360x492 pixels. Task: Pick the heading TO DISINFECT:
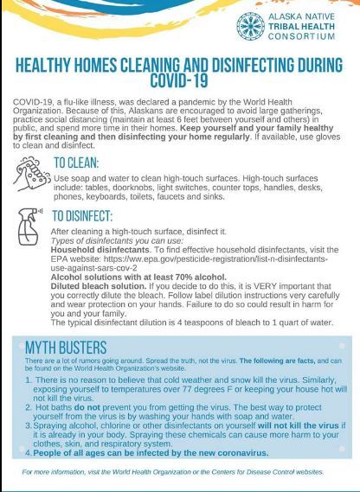tap(90, 217)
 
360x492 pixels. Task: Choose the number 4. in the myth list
tap(29, 452)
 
